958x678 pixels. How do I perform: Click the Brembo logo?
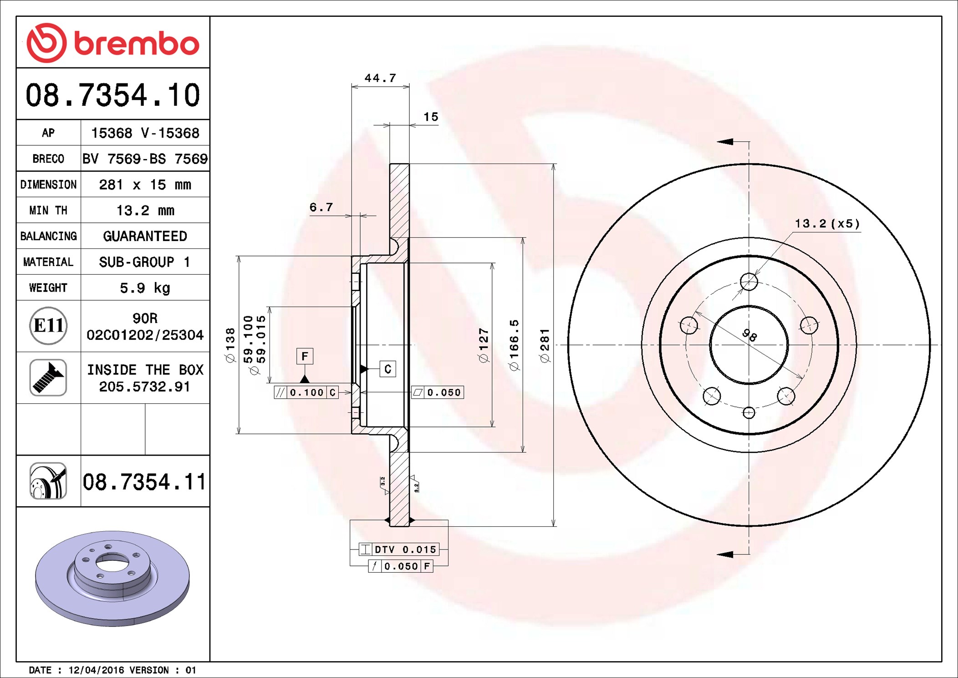click(113, 42)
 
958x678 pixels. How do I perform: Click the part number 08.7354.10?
click(113, 95)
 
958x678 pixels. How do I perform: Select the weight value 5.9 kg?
click(145, 288)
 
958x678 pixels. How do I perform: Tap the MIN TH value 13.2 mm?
click(145, 211)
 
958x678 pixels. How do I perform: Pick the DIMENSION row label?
click(48, 185)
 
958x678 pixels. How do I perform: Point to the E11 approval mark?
click(48, 325)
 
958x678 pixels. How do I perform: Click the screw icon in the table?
click(48, 377)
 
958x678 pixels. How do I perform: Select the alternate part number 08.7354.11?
click(144, 482)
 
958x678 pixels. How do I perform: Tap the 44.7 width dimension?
click(380, 78)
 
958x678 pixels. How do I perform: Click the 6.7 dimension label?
click(321, 207)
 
